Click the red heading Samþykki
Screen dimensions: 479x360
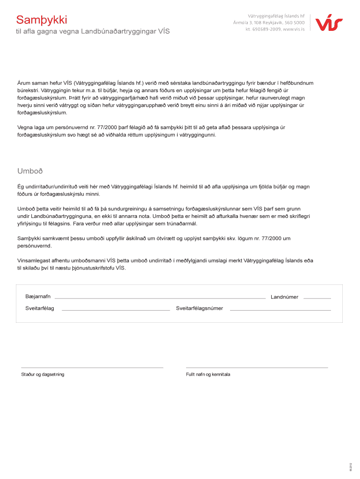(42, 20)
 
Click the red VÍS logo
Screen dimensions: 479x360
(329, 22)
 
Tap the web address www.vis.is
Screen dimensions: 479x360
(293, 29)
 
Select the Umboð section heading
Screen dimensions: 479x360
(30, 171)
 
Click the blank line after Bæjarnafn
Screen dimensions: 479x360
(160, 298)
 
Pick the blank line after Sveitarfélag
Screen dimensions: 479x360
(115, 310)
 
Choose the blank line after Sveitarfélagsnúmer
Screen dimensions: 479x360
(280, 310)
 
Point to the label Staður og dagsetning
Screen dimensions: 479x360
(43, 375)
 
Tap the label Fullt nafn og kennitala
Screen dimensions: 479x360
(208, 375)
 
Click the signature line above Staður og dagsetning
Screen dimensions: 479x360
(92, 368)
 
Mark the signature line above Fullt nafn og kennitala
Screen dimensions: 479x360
(257, 368)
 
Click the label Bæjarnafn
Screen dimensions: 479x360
(38, 297)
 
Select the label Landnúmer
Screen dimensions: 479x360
(284, 297)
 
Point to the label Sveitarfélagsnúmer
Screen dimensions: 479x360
(200, 308)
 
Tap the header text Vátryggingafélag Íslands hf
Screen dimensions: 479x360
(276, 15)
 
